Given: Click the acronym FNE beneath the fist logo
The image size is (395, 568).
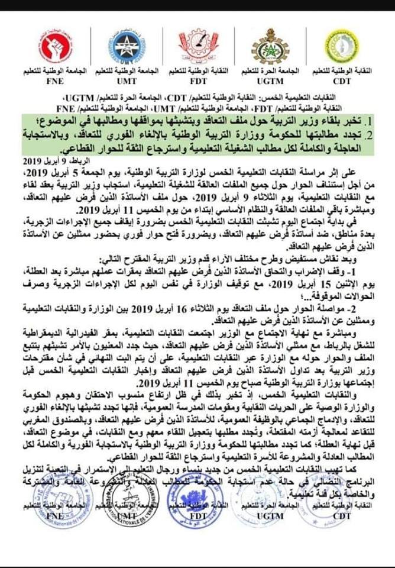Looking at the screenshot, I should pos(54,79).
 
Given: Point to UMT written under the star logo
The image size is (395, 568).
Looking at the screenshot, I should pos(127,79).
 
